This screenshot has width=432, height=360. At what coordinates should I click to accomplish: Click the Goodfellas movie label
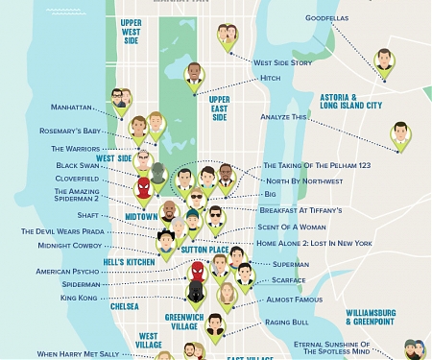[328, 16]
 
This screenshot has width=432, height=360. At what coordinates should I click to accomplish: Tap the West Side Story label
[281, 62]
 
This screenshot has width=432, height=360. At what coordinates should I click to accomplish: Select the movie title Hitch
[270, 78]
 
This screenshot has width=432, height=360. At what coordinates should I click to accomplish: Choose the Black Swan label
[79, 165]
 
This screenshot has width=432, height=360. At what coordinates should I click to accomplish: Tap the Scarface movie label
[289, 281]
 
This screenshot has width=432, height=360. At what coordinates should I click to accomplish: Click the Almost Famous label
[293, 300]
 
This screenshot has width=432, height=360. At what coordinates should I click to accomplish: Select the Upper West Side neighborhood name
[131, 32]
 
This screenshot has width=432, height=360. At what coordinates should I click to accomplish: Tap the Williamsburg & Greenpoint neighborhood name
[370, 316]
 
